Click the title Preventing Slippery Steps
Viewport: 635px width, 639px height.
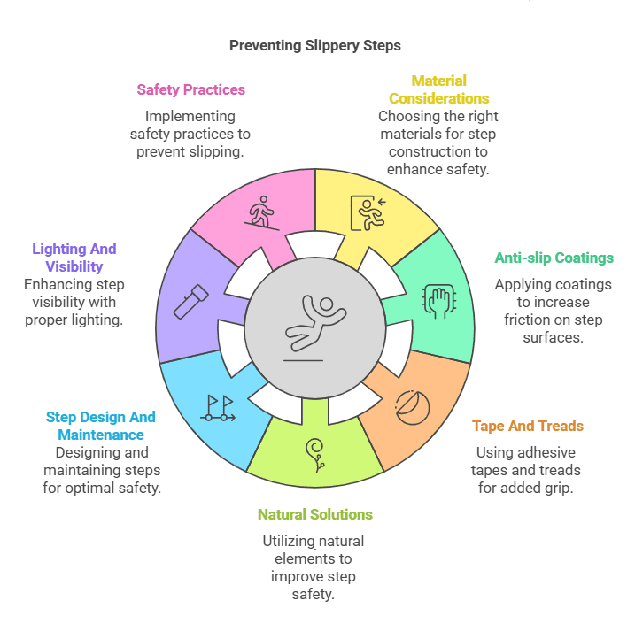pyautogui.click(x=315, y=45)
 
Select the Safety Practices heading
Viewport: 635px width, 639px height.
pyautogui.click(x=190, y=89)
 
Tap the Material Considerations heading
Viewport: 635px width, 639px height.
pyautogui.click(x=438, y=89)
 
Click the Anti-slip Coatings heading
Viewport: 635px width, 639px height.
pyautogui.click(x=554, y=258)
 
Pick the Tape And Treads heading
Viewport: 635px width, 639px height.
pyautogui.click(x=528, y=426)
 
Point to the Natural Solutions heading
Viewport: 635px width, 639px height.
pyautogui.click(x=315, y=514)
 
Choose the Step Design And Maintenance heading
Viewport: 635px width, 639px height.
pyautogui.click(x=100, y=426)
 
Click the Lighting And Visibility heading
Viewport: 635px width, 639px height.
pyautogui.click(x=74, y=258)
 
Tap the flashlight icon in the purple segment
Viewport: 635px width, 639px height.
pyautogui.click(x=190, y=301)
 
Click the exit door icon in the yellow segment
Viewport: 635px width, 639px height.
pyautogui.click(x=368, y=212)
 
